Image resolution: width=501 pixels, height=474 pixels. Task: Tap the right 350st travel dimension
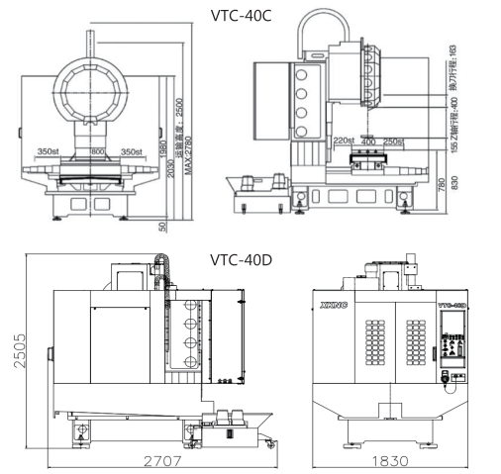click(x=132, y=151)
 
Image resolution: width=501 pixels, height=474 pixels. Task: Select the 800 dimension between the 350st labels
click(x=97, y=151)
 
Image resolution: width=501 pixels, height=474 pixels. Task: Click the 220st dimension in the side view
click(x=345, y=141)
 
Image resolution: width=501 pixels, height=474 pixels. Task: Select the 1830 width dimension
click(x=390, y=461)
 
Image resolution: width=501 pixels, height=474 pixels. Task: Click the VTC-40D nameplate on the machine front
click(x=451, y=307)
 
